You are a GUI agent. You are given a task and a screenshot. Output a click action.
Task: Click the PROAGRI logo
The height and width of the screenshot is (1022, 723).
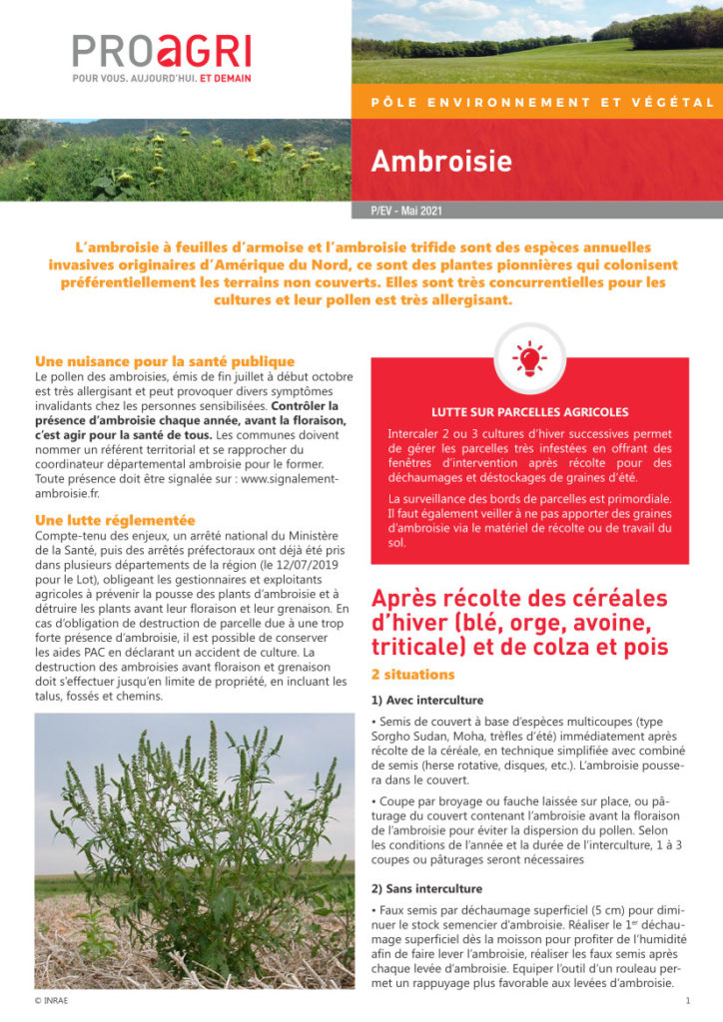pyautogui.click(x=161, y=50)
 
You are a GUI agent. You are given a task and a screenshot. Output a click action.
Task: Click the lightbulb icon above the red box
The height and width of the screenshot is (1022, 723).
pyautogui.click(x=529, y=357)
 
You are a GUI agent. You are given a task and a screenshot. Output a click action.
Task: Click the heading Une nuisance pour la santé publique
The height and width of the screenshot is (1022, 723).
pyautogui.click(x=165, y=361)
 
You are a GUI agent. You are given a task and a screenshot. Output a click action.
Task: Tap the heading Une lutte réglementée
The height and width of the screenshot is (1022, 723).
pyautogui.click(x=115, y=520)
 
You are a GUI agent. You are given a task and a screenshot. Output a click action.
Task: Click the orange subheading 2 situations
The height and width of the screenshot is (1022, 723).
pyautogui.click(x=413, y=675)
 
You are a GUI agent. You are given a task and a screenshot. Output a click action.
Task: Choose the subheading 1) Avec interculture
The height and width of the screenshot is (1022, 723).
pyautogui.click(x=426, y=700)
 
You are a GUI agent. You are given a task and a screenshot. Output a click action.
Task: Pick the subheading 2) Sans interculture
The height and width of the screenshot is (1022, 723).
pyautogui.click(x=426, y=888)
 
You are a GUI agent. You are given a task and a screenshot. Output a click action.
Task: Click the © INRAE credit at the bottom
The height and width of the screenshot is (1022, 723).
pyautogui.click(x=51, y=1000)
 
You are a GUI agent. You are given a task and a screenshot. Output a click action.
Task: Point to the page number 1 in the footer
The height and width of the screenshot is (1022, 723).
pyautogui.click(x=688, y=1000)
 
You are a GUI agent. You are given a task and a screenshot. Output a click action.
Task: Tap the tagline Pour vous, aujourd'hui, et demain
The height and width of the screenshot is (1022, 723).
pyautogui.click(x=161, y=78)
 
